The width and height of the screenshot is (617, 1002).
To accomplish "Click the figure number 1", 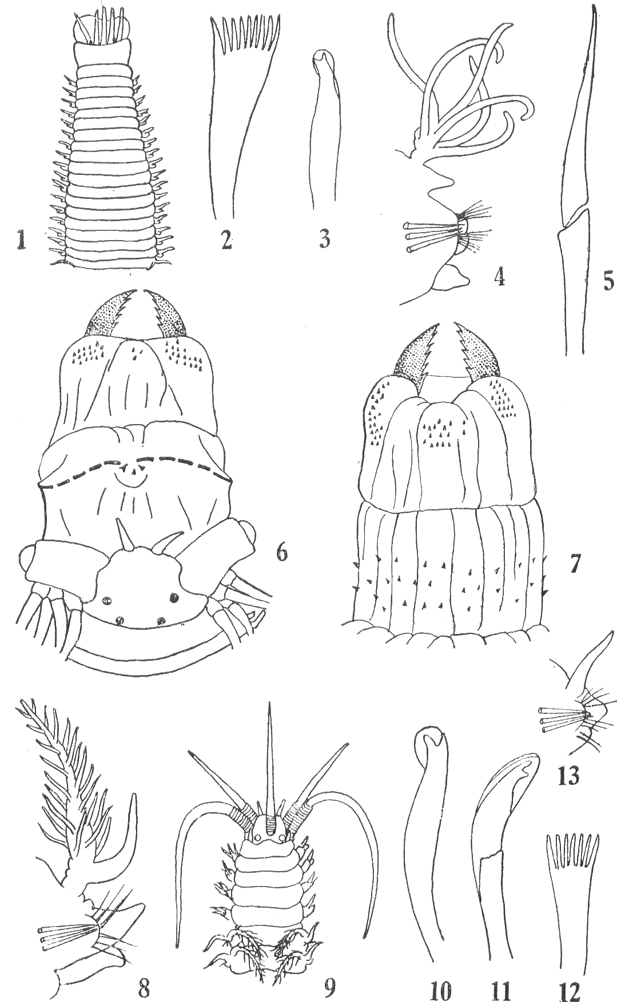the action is coord(21,240).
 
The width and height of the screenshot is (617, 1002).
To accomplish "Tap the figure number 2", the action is coord(226,240).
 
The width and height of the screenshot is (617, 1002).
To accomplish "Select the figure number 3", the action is coord(324,239).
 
